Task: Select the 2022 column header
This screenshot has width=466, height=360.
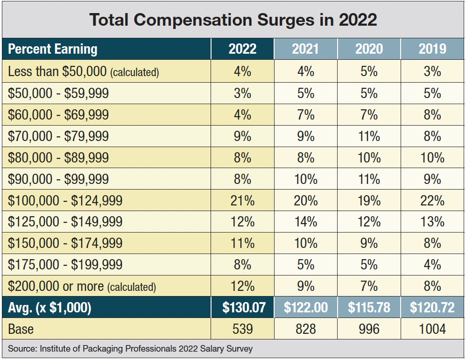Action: (x=242, y=49)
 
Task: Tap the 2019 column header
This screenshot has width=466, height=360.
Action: (x=432, y=49)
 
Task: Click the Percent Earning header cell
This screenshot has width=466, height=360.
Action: (x=53, y=49)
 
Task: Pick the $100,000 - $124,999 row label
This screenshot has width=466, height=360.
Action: (x=65, y=201)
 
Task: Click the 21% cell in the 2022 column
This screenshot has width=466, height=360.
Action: (x=242, y=201)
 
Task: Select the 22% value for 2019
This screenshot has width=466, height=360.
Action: (x=432, y=201)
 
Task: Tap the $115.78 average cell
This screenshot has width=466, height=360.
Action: (x=369, y=308)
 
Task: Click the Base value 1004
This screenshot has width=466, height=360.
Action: (x=432, y=329)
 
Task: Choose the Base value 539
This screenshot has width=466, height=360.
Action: (x=242, y=329)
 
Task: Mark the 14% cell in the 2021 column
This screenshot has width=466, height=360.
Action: (x=305, y=222)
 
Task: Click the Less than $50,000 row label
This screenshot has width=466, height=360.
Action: (x=83, y=72)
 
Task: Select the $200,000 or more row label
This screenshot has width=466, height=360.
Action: (x=82, y=286)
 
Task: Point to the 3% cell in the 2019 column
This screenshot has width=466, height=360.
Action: (x=432, y=71)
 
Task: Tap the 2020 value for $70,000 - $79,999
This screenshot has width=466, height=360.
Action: (x=369, y=136)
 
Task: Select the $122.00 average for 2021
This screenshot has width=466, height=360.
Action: (x=305, y=308)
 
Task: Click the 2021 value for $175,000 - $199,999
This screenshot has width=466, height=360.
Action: (x=305, y=265)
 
